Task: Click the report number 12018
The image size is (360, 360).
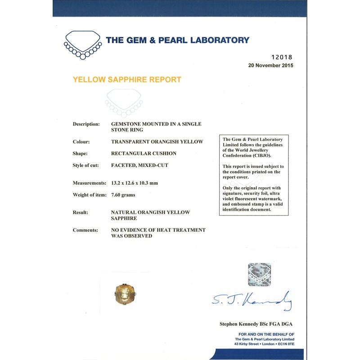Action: tap(282, 57)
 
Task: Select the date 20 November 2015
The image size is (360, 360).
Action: tap(270, 65)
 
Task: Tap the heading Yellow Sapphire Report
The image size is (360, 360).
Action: tap(127, 80)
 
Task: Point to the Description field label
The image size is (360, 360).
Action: tap(86, 124)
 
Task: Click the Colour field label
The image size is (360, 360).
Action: tap(81, 141)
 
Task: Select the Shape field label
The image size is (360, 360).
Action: tap(80, 153)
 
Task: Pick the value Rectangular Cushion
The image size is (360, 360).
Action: tap(144, 153)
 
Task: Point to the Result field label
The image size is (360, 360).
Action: tap(81, 212)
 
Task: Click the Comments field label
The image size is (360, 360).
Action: tap(85, 230)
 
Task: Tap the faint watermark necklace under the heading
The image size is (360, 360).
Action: tap(124, 103)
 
